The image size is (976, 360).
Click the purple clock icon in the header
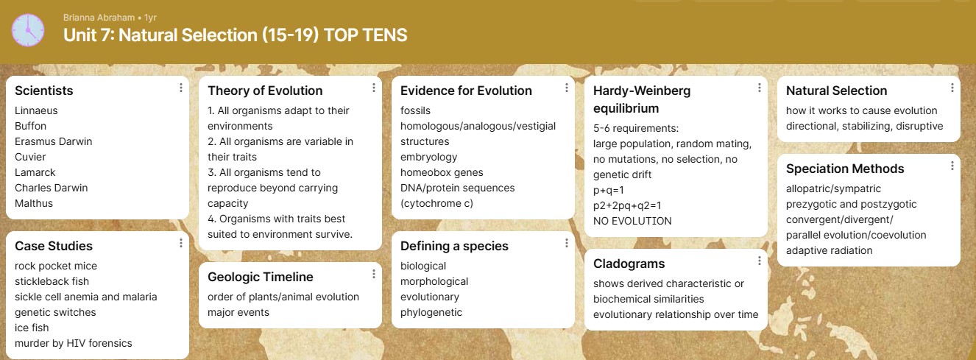[x=28, y=30]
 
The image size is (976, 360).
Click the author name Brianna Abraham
[x=99, y=18]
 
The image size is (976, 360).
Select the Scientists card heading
[x=44, y=91]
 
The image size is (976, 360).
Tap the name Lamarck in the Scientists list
[x=35, y=172]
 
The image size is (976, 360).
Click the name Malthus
[x=34, y=203]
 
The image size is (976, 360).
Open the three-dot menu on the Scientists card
[x=181, y=88]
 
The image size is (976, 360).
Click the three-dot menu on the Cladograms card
[x=760, y=261]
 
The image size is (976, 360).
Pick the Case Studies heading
[x=54, y=246]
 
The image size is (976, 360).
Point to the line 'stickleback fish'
[x=52, y=281]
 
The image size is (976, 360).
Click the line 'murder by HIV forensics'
[x=73, y=343]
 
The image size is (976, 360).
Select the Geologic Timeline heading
[x=261, y=277]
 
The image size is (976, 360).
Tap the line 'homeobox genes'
[x=442, y=172]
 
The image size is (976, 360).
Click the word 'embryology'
[x=428, y=157]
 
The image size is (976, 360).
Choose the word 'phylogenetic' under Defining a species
[x=431, y=312]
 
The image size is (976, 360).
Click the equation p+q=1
[x=609, y=190]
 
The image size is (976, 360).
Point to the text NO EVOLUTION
[x=633, y=221]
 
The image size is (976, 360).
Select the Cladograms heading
[x=629, y=264]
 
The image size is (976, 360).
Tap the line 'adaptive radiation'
[x=830, y=250]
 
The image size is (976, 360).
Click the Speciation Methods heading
[x=845, y=169]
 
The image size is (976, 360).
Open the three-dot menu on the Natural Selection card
[x=952, y=88]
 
